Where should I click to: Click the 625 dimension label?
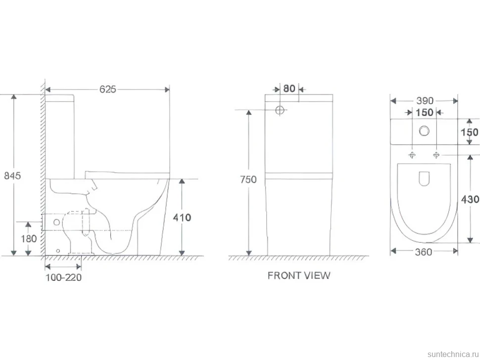pyautogui.click(x=108, y=89)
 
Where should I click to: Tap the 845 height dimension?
pyautogui.click(x=12, y=176)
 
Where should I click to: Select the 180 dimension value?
pyautogui.click(x=29, y=238)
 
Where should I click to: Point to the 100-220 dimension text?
pyautogui.click(x=64, y=277)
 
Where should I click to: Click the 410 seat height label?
pyautogui.click(x=182, y=218)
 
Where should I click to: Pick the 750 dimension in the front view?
pyautogui.click(x=248, y=180)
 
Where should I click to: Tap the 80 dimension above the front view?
pyautogui.click(x=289, y=89)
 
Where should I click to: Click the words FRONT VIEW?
pyautogui.click(x=299, y=275)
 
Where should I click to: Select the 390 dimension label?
pyautogui.click(x=425, y=100)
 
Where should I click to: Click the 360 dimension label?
pyautogui.click(x=424, y=252)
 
